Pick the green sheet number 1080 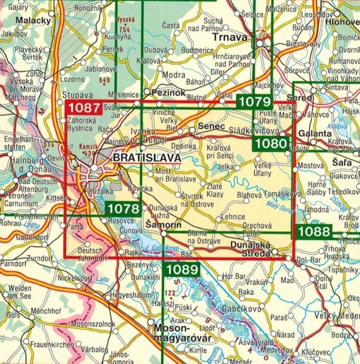pyautogui.click(x=271, y=143)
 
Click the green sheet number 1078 pyautogui.click(x=123, y=209)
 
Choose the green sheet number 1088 pyautogui.click(x=313, y=231)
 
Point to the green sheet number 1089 pyautogui.click(x=182, y=269)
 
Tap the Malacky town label pyautogui.click(x=33, y=20)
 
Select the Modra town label pyautogui.click(x=173, y=75)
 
